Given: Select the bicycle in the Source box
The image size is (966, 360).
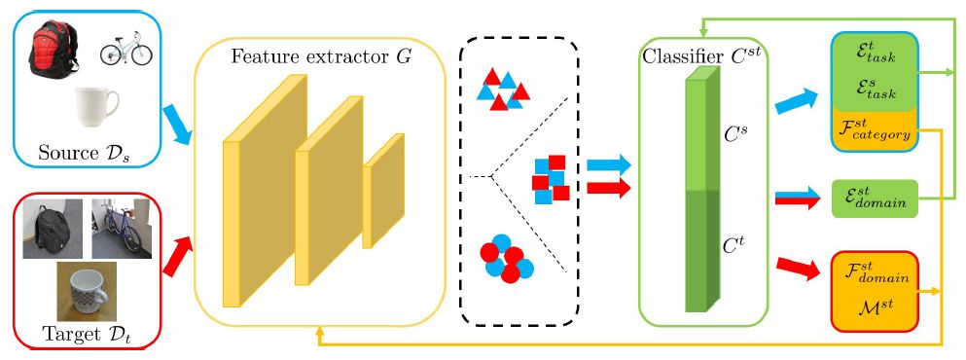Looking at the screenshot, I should tap(126, 49).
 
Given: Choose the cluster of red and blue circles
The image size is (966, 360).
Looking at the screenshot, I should tap(506, 261).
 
